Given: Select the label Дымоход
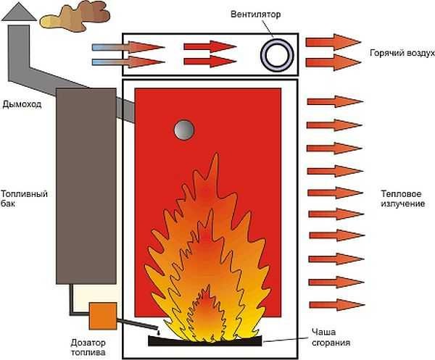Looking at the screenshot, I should tap(21, 104).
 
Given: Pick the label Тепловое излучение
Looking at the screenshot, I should tap(402, 199).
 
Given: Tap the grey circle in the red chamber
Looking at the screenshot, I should tap(184, 130).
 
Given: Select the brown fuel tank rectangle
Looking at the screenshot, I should tap(86, 185).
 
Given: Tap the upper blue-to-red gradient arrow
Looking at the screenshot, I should tap(128, 47).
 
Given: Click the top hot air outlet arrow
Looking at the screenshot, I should tap(333, 42).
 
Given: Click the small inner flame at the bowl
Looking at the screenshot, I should tap(207, 311).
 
